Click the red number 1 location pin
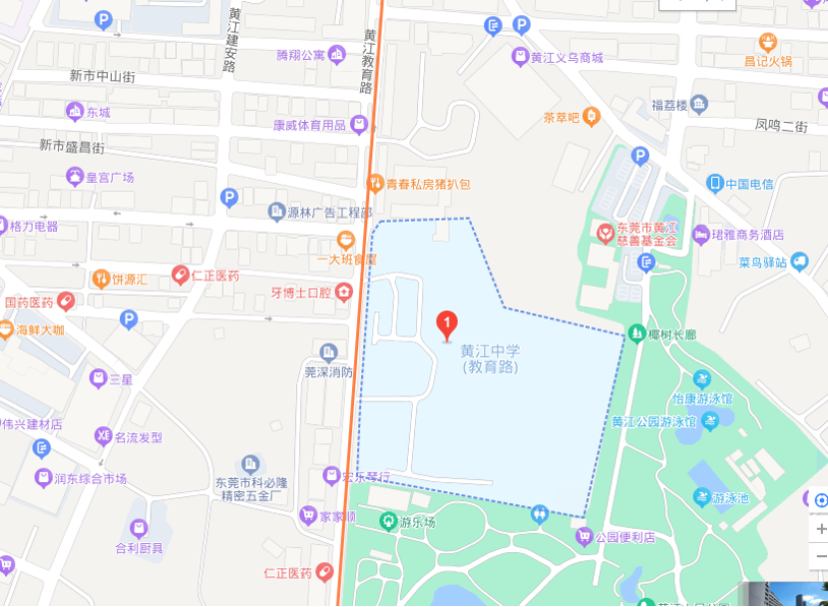coord(448,323)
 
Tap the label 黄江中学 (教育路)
coord(490,359)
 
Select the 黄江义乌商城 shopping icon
coord(520,57)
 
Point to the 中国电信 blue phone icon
coord(714,183)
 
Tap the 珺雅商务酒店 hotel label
coord(747,235)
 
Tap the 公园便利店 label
coord(624,537)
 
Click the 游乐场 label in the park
coord(418,522)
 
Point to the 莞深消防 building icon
coord(328,351)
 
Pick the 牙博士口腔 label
coord(301,293)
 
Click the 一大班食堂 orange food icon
coord(346,240)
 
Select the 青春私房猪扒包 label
coord(428,184)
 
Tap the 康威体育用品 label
coord(309,125)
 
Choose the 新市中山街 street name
coord(102,75)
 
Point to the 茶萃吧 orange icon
coord(592,118)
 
